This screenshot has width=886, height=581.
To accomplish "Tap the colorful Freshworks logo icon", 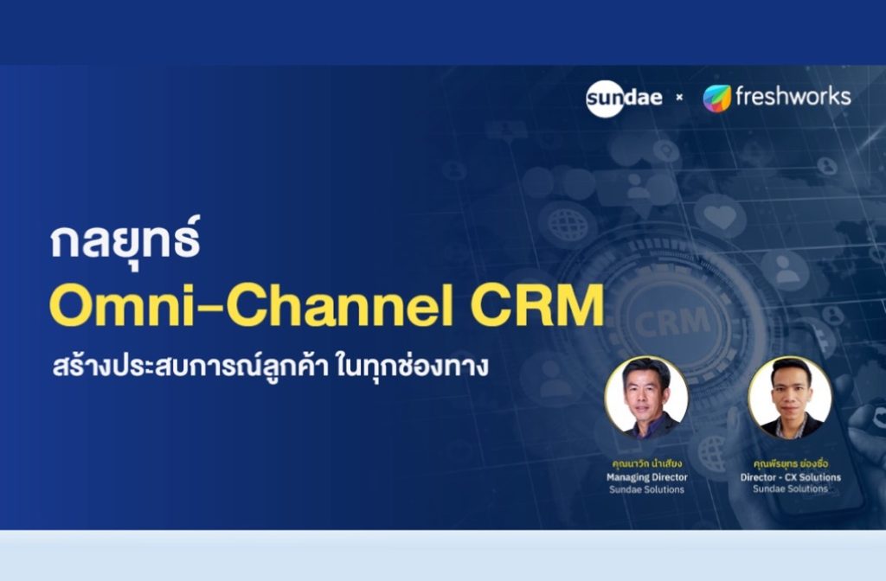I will (x=716, y=98).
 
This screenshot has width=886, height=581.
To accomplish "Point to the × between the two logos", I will (x=679, y=98).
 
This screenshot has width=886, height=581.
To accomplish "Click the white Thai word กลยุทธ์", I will (x=125, y=241).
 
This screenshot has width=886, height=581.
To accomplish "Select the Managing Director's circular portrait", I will (x=646, y=397).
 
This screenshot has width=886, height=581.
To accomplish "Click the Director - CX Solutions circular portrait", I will (x=790, y=397).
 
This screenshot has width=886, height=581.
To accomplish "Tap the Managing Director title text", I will (x=645, y=476).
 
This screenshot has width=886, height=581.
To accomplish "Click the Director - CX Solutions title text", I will (x=790, y=476).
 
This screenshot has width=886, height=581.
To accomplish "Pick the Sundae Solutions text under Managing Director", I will (x=645, y=489).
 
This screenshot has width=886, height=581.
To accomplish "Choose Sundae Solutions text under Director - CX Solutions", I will (x=790, y=488).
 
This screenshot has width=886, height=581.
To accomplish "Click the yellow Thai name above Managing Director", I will (x=645, y=463).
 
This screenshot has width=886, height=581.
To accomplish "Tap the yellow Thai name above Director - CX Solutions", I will (x=790, y=463).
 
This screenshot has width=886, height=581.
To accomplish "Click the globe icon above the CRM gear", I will (x=567, y=223).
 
